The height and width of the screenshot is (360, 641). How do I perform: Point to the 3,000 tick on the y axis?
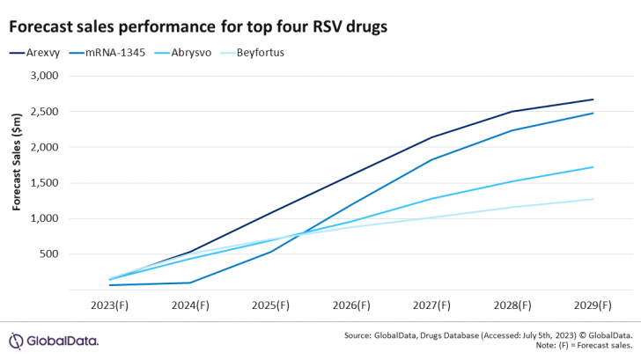click(x=41, y=76)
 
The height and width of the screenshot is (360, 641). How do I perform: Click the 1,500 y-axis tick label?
click(x=41, y=183)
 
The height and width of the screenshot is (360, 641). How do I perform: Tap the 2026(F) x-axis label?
click(x=351, y=305)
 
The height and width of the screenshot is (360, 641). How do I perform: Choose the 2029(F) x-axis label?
click(x=593, y=305)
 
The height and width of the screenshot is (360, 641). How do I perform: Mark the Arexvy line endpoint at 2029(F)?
click(x=593, y=99)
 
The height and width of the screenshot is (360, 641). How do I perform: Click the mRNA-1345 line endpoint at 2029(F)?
click(x=593, y=113)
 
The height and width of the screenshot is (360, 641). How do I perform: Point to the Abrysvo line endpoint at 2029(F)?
click(x=593, y=167)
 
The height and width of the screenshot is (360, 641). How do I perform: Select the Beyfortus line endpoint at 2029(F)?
click(x=593, y=199)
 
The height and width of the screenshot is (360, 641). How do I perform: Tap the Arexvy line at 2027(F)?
click(x=431, y=137)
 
